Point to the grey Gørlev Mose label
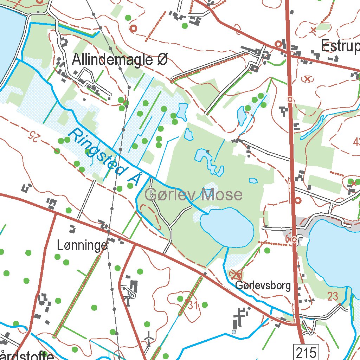point(194,194)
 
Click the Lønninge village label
point(82,246)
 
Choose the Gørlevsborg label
point(263,285)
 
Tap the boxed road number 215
point(306,352)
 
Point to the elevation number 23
point(333,296)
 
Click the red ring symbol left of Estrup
point(278,44)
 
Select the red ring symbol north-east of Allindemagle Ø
point(133,28)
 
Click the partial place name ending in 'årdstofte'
point(26,355)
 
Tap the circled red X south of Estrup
point(308,79)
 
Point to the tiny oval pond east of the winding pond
point(253,181)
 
